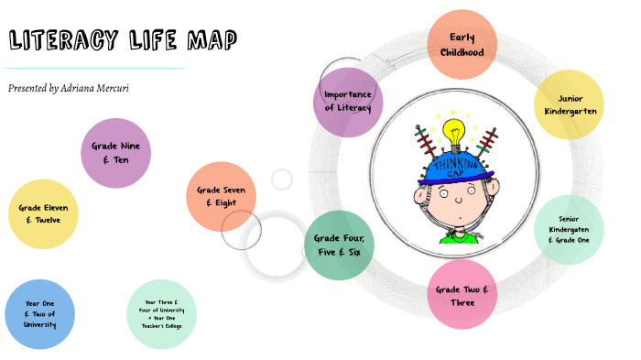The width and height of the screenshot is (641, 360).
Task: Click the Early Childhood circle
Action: (462, 45)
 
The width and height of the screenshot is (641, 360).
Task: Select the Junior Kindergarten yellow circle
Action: (569, 104)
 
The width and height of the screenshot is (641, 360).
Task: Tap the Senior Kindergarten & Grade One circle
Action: (569, 230)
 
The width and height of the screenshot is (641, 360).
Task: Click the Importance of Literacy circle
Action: (348, 102)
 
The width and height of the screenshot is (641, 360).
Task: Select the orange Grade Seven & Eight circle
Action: (221, 196)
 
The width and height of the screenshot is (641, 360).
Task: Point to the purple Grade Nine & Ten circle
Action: (115, 153)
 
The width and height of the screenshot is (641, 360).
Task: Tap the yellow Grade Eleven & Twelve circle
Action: (42, 214)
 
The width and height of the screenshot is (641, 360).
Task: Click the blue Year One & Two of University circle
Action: (39, 313)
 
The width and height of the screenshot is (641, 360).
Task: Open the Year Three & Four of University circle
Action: (161, 313)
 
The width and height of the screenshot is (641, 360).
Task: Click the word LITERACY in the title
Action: (64, 40)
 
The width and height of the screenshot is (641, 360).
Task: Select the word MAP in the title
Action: (212, 40)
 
